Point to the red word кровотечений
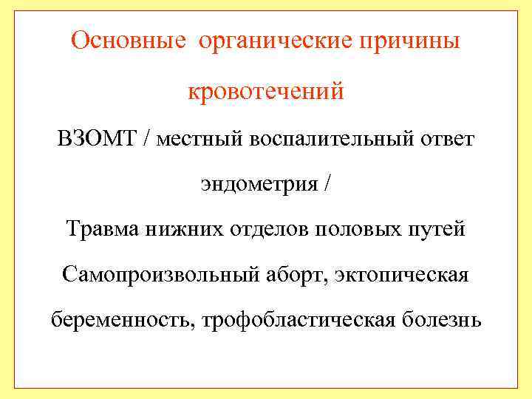coord(266,92)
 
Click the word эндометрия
coord(258,184)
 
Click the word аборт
coord(295,276)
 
